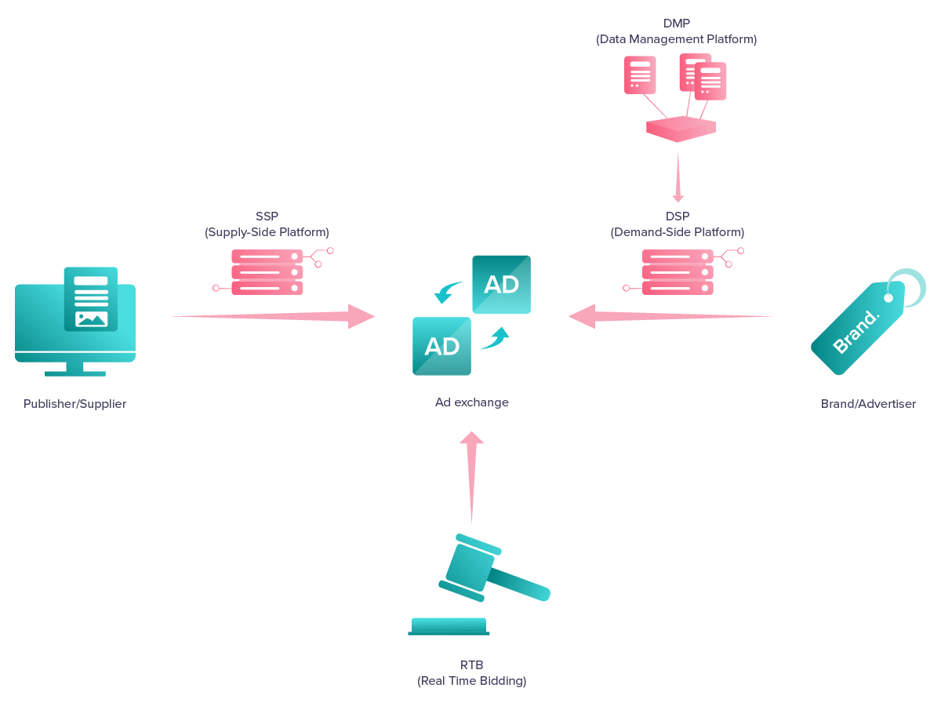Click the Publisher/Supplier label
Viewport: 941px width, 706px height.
point(74,404)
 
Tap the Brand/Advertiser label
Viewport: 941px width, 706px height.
point(868,404)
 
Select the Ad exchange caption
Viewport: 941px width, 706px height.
point(471,402)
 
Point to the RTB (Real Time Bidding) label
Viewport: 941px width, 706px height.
point(471,673)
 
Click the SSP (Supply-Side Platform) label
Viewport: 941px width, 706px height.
point(267,224)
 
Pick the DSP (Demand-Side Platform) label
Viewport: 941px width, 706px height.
point(677,224)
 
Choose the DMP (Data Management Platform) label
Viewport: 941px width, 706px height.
point(676,31)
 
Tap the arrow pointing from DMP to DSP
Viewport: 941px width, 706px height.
point(678,177)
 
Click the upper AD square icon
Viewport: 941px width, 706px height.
point(501,284)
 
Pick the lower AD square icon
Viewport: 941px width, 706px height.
point(441,346)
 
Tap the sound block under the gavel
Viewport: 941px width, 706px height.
point(449,626)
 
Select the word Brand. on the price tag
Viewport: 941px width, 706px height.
point(856,332)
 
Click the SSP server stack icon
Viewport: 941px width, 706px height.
point(267,272)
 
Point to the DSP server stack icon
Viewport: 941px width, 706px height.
point(678,272)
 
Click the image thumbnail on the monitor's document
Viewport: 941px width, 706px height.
point(91,318)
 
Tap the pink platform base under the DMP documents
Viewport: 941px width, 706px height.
point(681,129)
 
